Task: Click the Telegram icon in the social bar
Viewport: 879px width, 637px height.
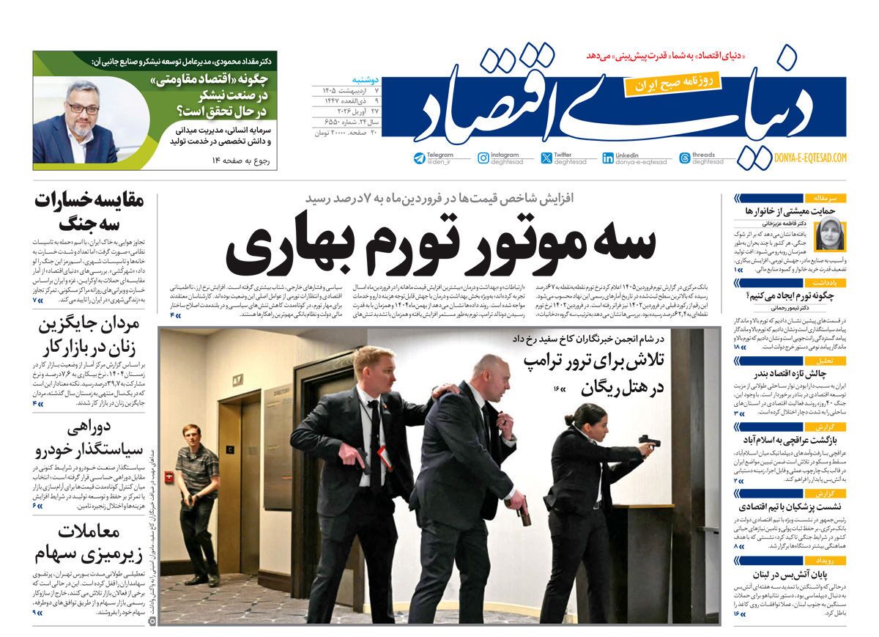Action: point(419,158)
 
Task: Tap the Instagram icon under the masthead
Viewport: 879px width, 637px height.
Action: point(483,158)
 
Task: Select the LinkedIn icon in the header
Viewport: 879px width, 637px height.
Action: point(608,158)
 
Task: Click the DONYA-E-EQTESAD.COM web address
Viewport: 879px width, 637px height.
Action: point(809,158)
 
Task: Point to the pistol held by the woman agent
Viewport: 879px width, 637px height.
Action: point(648,441)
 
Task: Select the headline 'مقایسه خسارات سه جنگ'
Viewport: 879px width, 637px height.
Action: point(89,211)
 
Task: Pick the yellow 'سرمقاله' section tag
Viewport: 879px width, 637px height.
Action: point(826,198)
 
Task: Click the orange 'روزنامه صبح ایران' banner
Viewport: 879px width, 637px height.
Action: point(672,83)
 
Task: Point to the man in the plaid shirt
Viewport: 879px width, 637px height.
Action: point(196,469)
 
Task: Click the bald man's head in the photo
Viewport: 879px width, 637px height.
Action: point(486,370)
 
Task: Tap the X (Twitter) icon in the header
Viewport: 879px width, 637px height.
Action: point(546,158)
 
